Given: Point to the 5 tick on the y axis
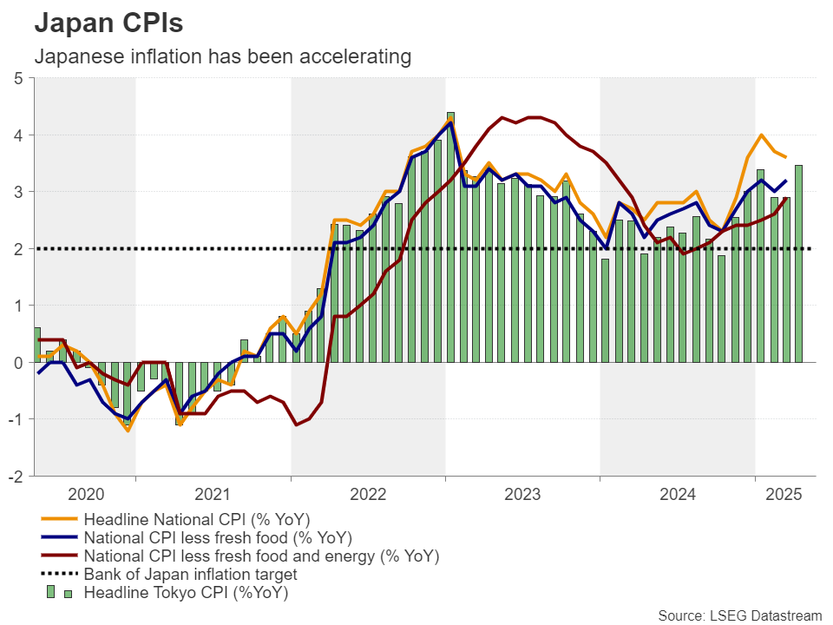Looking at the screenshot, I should (20, 78).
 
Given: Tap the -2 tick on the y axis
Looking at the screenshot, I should (17, 477).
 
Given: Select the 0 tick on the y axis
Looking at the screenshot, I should (20, 363).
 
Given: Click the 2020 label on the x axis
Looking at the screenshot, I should (86, 494).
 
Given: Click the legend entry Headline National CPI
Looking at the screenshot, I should (196, 519).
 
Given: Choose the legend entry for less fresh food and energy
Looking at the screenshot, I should (261, 556).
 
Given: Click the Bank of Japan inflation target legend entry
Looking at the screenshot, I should (190, 574).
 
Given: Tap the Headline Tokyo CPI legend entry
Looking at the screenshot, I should (186, 593).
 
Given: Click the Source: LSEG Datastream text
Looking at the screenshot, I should (739, 615).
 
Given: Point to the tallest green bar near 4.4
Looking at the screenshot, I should (450, 234).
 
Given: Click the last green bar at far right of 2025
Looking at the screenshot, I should (798, 260).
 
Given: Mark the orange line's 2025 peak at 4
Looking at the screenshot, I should (761, 135).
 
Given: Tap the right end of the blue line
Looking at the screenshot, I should (786, 181).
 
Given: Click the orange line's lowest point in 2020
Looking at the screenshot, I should (128, 431).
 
